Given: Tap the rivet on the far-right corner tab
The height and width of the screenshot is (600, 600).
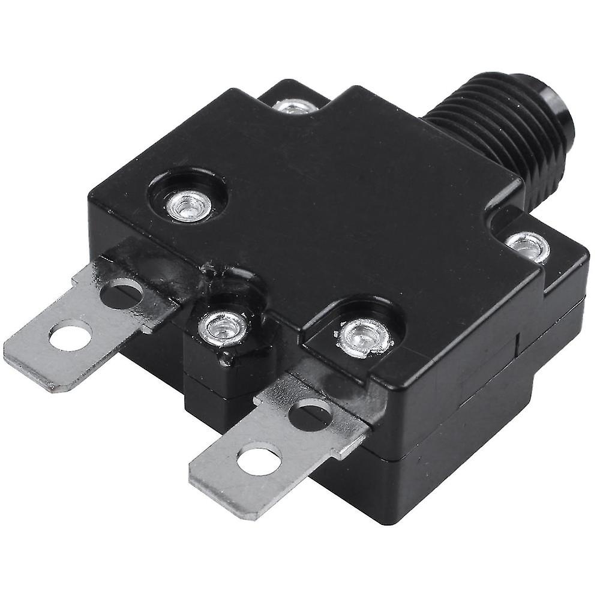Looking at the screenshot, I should click(527, 246).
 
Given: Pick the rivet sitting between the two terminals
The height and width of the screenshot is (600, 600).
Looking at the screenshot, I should click(223, 328).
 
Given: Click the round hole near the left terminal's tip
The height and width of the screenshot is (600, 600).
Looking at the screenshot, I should click(70, 337).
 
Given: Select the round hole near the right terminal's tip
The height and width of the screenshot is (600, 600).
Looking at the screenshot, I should click(259, 461).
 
